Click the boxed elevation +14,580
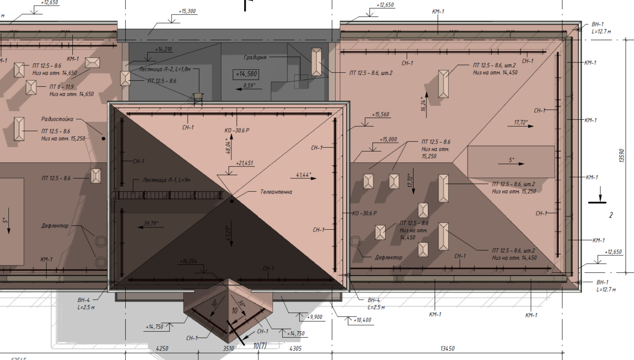[246, 74]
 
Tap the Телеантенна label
[276, 192]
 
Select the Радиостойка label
[57, 119]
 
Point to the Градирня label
[255, 57]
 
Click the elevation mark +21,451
[244, 163]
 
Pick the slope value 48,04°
[228, 146]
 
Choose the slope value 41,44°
[304, 175]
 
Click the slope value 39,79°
[151, 224]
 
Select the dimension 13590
[622, 155]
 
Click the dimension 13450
[447, 349]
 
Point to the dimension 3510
[228, 349]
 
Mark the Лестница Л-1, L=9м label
[166, 180]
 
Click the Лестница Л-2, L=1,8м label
[164, 69]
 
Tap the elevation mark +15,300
[187, 11]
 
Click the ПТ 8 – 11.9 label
[62, 87]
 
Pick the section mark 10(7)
[260, 346]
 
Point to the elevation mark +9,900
[315, 317]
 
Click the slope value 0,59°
[249, 86]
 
